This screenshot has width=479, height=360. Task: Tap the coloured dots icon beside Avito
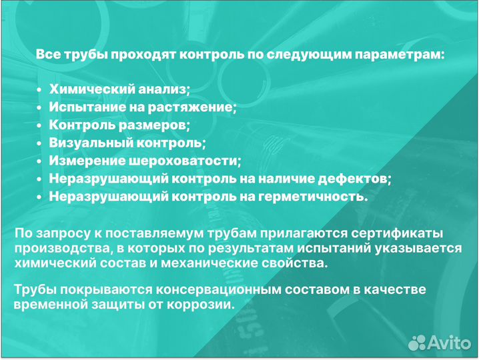coord(418,342)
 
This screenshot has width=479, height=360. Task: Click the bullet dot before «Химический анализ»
coord(40,90)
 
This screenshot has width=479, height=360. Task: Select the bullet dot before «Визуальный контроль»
coord(40,143)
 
